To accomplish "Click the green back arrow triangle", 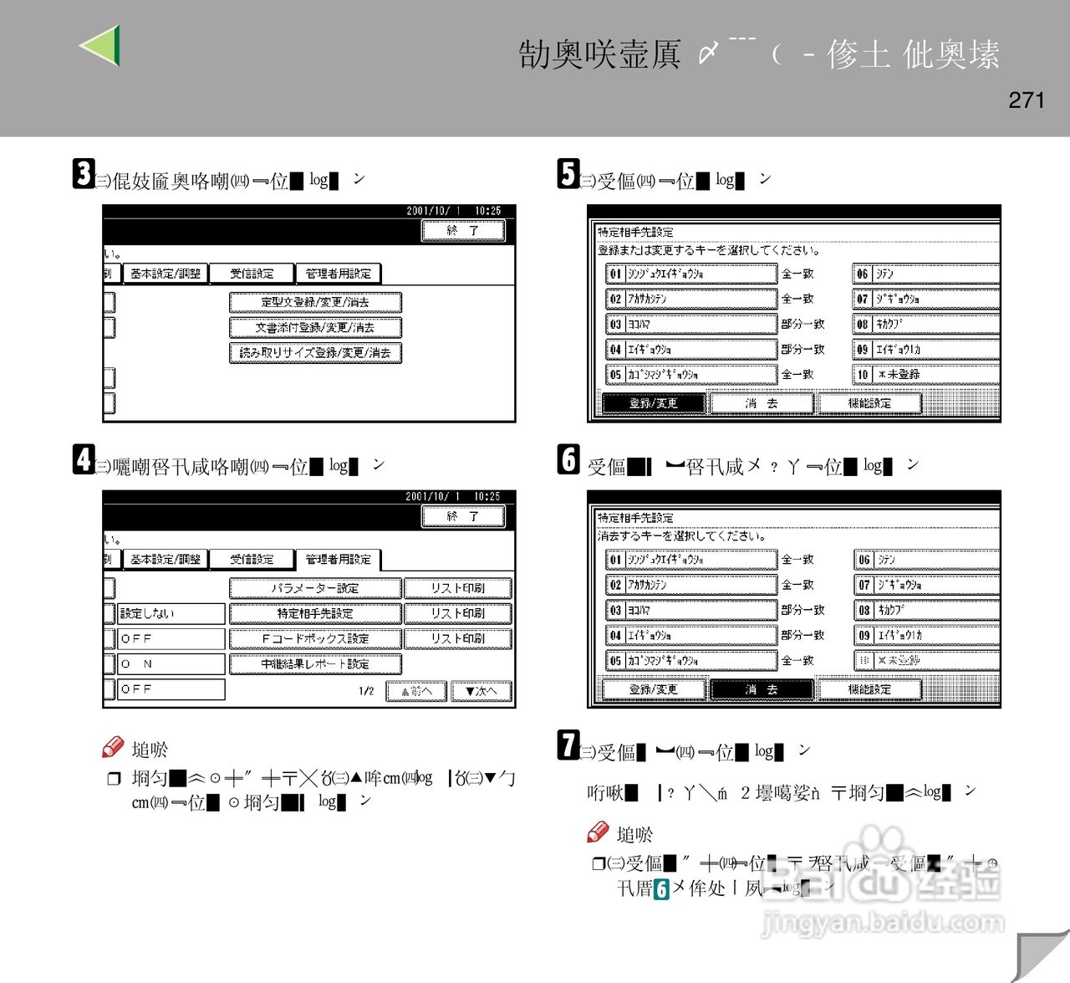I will [101, 45].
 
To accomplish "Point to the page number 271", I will [1027, 100].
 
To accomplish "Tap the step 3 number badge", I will [83, 174].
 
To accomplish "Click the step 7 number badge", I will [568, 745].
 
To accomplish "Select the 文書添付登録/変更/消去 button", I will [315, 328].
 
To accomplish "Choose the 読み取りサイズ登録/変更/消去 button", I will [315, 353].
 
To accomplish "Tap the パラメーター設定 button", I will [315, 588].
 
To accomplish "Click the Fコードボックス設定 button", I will [315, 639].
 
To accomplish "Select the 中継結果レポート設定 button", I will [315, 664].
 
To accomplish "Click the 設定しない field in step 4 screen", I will [171, 614].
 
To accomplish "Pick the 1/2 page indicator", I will [366, 691].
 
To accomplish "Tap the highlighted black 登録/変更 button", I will [654, 403].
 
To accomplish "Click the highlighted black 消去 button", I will [762, 689].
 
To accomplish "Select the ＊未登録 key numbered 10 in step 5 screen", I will [926, 375].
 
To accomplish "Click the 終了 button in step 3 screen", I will [463, 231].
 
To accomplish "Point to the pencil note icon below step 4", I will [113, 747].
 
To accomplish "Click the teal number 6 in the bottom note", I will [661, 888].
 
